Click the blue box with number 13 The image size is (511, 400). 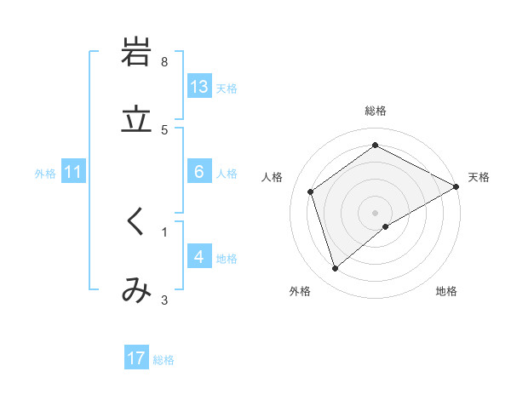pyautogui.click(x=199, y=87)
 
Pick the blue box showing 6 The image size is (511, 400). pyautogui.click(x=199, y=172)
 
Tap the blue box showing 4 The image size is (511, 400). pyautogui.click(x=199, y=257)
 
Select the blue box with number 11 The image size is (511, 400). pyautogui.click(x=73, y=172)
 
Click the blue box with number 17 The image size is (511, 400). pyautogui.click(x=136, y=358)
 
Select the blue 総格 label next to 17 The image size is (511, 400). pyautogui.click(x=164, y=359)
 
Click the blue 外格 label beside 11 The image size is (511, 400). pyautogui.click(x=45, y=173)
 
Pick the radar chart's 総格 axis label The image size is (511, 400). pyautogui.click(x=376, y=111)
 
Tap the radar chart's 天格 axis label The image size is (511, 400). pyautogui.click(x=479, y=177)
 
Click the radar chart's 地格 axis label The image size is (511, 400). pyautogui.click(x=446, y=291)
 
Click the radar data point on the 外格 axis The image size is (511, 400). pyautogui.click(x=335, y=269)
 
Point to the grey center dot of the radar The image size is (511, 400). pyautogui.click(x=376, y=212)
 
